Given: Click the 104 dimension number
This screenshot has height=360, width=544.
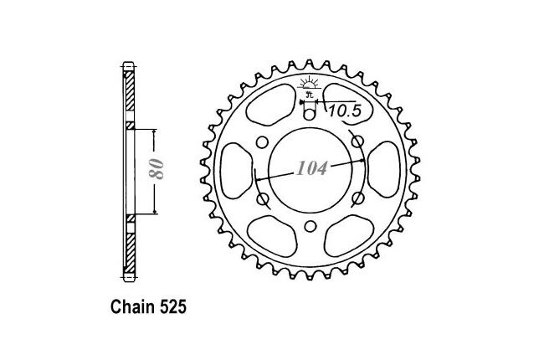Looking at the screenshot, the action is coord(311,168).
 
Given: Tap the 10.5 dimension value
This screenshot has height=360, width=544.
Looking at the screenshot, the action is coord(345,111).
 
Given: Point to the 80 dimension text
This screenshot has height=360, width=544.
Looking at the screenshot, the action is coord(157,169).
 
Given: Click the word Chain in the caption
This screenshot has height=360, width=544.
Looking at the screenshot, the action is coord(133,307).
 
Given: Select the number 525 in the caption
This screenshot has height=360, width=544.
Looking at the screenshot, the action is coord(173,307).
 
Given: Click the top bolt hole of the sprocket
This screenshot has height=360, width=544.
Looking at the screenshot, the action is coord(310,114).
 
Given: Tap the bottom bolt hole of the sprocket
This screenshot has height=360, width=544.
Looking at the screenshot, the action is coord(310,226).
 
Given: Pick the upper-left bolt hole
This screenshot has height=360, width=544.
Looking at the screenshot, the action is coord(262,142).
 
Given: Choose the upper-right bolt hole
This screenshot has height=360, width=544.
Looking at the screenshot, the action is coord(358,141).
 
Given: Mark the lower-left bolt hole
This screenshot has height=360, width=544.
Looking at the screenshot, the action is coord(263,199).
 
